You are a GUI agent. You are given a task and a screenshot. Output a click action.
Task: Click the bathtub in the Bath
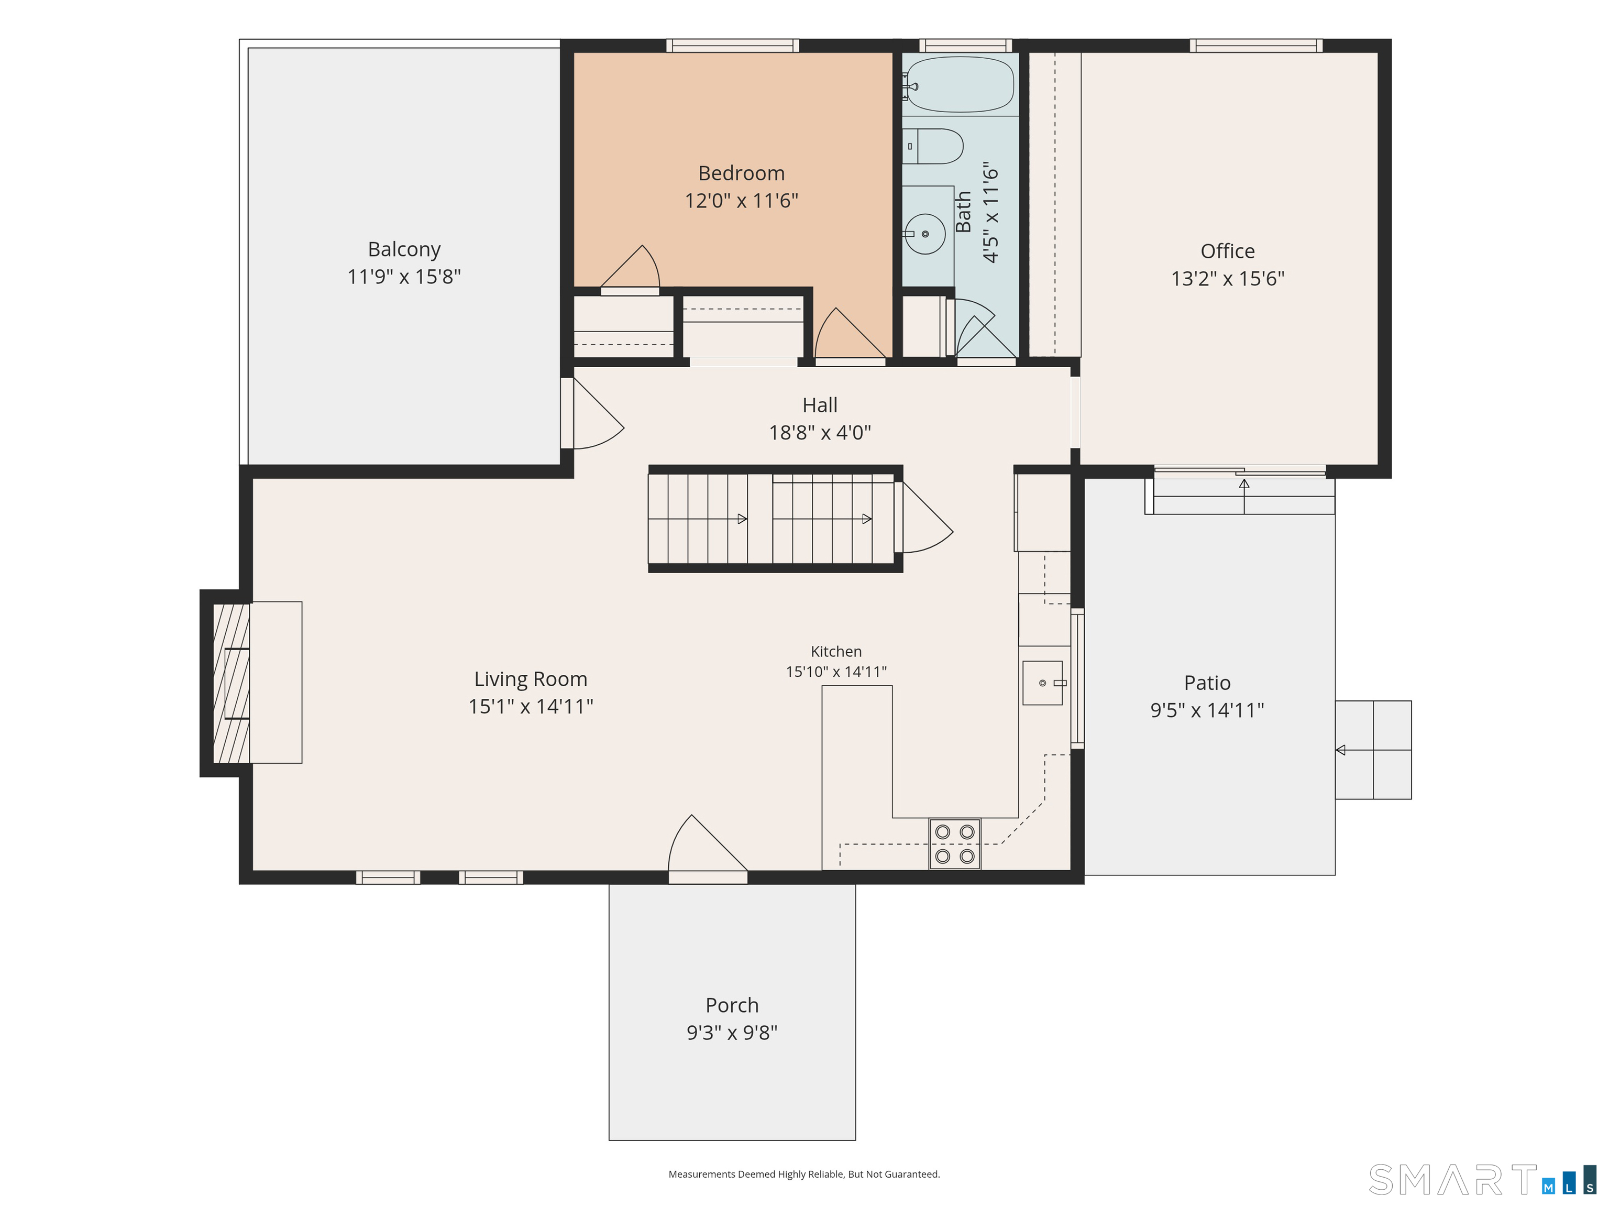click(960, 84)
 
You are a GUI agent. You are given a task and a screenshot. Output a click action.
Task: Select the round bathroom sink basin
click(925, 234)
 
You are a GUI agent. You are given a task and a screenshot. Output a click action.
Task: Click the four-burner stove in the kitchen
click(955, 844)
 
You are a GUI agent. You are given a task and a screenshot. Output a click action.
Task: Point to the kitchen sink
click(1043, 683)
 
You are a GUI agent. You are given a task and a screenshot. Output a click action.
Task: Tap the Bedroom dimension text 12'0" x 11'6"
click(741, 201)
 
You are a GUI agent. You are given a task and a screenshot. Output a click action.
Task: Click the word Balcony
click(404, 249)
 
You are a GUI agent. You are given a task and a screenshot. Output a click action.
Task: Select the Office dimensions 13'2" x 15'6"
click(1228, 279)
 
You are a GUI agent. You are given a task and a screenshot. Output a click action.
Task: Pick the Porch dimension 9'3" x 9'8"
click(732, 1033)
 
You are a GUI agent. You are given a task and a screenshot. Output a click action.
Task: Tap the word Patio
click(1207, 683)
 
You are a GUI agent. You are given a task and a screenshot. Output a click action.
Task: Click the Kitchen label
click(836, 652)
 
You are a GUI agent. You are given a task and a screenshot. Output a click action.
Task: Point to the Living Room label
click(531, 679)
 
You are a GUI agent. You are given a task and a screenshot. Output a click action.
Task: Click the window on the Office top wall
click(1256, 46)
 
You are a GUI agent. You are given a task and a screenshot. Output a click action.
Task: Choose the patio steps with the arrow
click(1373, 750)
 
